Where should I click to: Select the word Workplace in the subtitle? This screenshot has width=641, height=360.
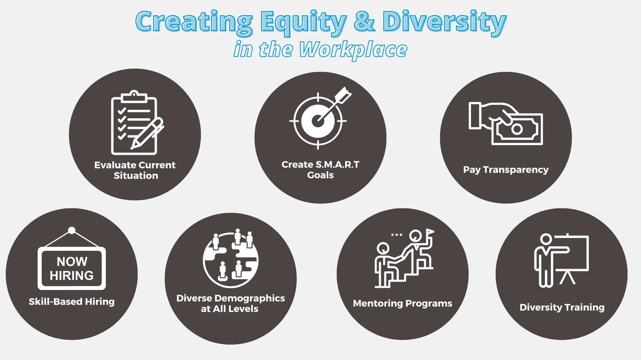pyautogui.click(x=353, y=49)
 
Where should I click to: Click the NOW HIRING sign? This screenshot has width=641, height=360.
pyautogui.click(x=72, y=268)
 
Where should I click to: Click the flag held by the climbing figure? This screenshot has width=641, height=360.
pyautogui.click(x=430, y=232)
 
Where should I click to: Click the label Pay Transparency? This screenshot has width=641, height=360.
pyautogui.click(x=505, y=170)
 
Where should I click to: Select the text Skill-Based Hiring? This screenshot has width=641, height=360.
pyautogui.click(x=72, y=302)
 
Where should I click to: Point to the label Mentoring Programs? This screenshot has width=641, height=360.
pyautogui.click(x=402, y=304)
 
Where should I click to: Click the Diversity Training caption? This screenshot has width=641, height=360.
pyautogui.click(x=562, y=307)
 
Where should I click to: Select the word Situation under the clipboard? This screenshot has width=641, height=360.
pyautogui.click(x=136, y=175)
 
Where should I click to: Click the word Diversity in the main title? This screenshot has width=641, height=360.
pyautogui.click(x=445, y=22)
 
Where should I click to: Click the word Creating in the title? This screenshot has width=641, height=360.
pyautogui.click(x=193, y=22)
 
